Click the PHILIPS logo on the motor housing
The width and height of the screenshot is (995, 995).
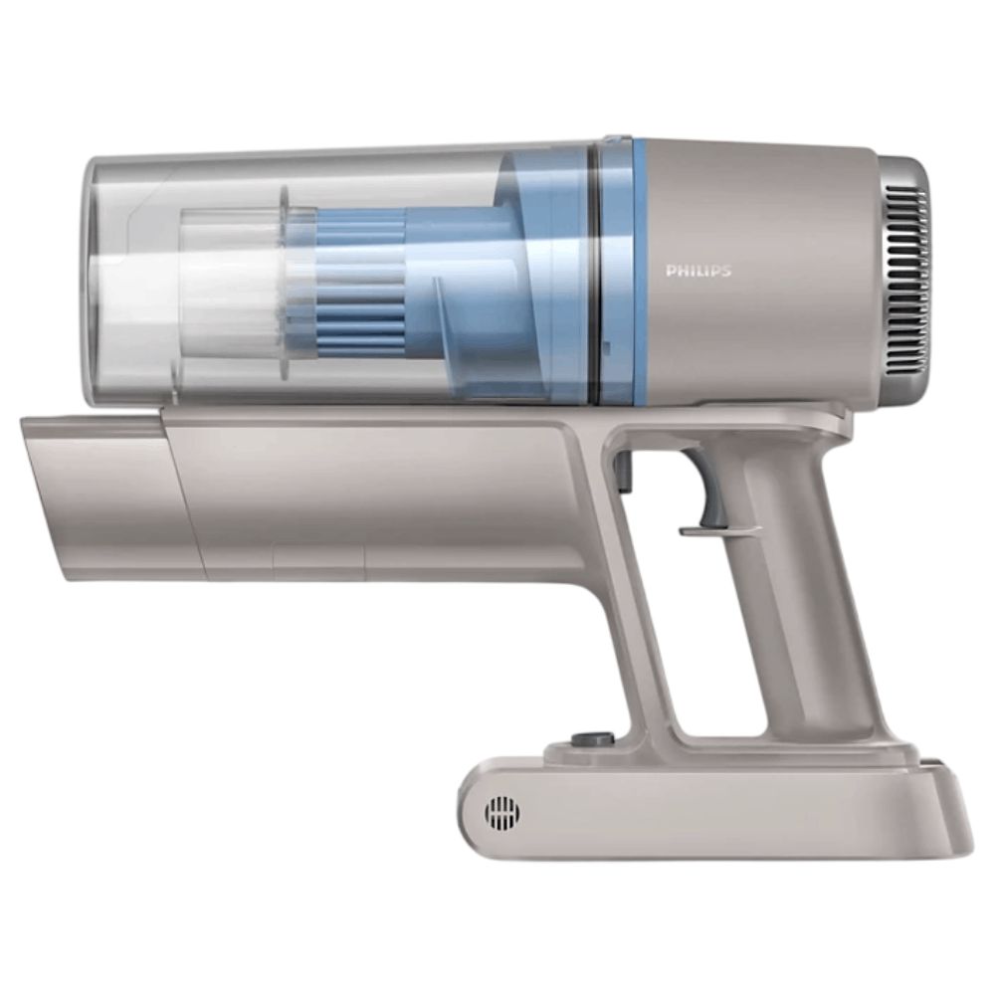click(x=698, y=271)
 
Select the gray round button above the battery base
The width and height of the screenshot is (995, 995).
click(x=593, y=739)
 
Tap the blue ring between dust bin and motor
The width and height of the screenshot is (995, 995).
click(x=623, y=272)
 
